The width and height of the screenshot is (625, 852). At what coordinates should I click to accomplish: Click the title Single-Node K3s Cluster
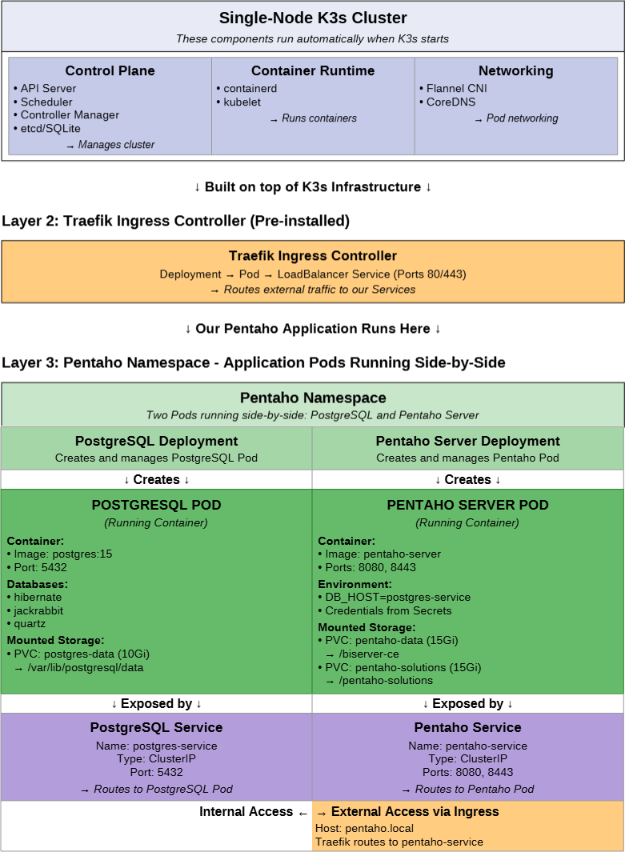pyautogui.click(x=313, y=18)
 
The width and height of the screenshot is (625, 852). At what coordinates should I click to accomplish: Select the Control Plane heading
pyautogui.click(x=110, y=71)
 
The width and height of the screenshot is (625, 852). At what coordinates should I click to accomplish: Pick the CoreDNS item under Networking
pyautogui.click(x=451, y=102)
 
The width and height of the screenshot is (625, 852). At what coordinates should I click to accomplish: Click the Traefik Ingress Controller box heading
pyautogui.click(x=313, y=256)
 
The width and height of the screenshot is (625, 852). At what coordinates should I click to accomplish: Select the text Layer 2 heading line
pyautogui.click(x=175, y=221)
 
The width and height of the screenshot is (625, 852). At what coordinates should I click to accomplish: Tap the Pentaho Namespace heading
pyautogui.click(x=313, y=398)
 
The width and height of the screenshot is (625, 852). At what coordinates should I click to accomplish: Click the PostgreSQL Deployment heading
pyautogui.click(x=156, y=441)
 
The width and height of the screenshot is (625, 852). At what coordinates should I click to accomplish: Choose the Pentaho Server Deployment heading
pyautogui.click(x=467, y=441)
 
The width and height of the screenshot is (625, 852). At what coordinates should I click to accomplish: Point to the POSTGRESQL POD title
pyautogui.click(x=156, y=505)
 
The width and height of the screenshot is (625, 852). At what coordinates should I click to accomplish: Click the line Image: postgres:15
pyautogui.click(x=62, y=554)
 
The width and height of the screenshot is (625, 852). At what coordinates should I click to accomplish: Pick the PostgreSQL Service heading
pyautogui.click(x=156, y=727)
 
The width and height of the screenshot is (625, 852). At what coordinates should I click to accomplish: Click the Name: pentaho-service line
pyautogui.click(x=467, y=746)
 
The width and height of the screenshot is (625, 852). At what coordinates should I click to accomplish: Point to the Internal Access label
pyautogui.click(x=246, y=812)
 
